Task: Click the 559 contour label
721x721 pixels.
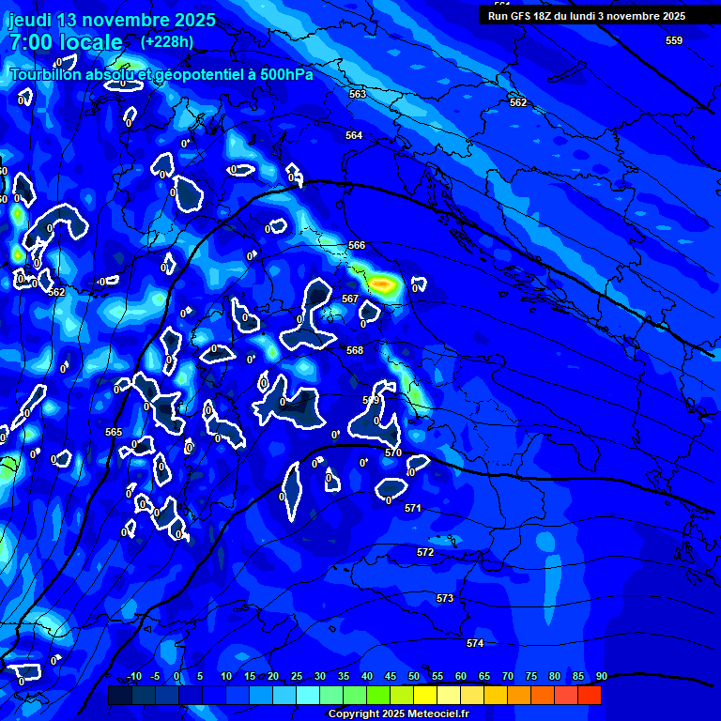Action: coord(674,40)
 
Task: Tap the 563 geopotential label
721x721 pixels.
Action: coord(358,94)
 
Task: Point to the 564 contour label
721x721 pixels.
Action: coord(354,135)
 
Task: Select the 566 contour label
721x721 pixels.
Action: coord(357,245)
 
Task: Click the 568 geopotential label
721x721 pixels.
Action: coord(355,350)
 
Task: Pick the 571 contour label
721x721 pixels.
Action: coord(413,508)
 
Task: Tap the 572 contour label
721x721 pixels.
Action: coord(425,552)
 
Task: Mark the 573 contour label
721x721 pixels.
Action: coord(445,598)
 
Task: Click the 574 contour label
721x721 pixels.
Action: coord(475,643)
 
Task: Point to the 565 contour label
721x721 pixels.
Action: coord(114,432)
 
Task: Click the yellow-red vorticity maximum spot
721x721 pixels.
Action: coord(381,282)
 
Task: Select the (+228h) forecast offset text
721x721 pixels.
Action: coord(167,41)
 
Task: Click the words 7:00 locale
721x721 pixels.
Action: coord(66,42)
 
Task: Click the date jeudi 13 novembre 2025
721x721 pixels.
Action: coord(112,19)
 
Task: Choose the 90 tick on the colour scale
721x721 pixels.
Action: coord(601,676)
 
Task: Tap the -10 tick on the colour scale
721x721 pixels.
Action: coord(134,676)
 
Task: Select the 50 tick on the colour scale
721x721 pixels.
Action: coord(414,676)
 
